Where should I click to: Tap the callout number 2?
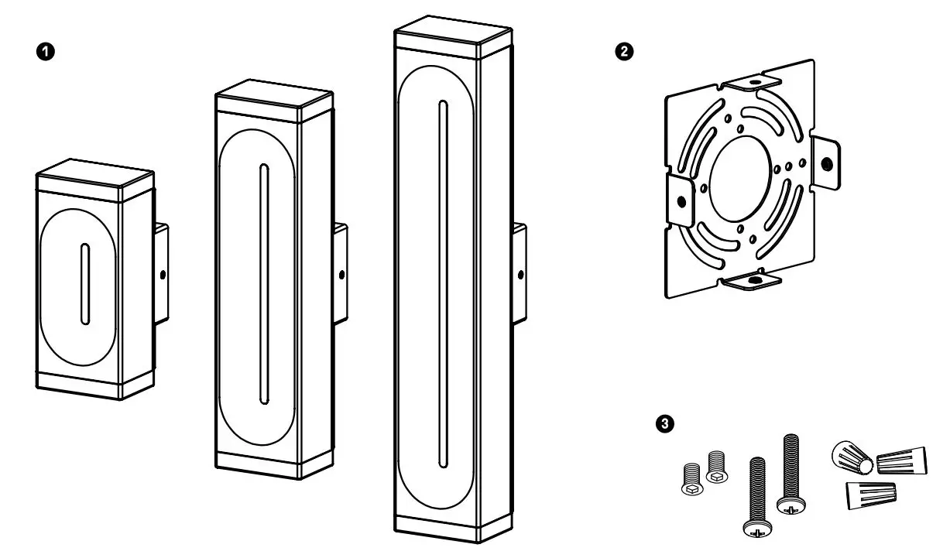pos(622,51)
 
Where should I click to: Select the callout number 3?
pos(664,423)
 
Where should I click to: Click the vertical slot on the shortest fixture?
pos(84,284)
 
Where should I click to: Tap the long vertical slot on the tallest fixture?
pos(442,283)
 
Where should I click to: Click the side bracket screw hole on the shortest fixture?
pos(163,274)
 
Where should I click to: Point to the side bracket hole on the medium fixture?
pos(342,273)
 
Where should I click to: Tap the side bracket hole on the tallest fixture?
pos(520,273)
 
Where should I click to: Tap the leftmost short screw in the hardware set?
pos(691,479)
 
